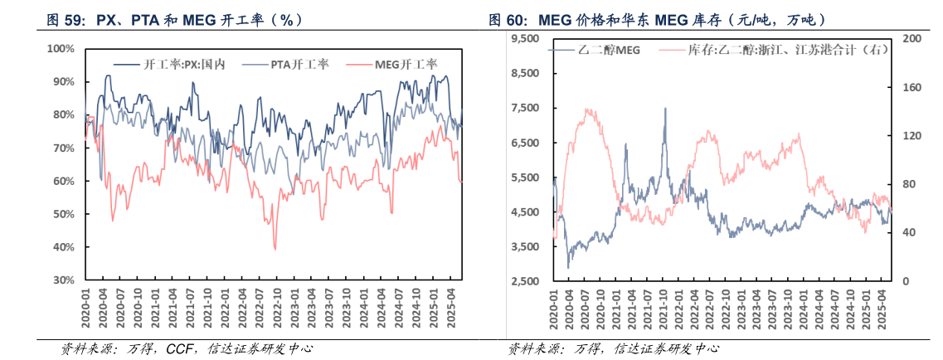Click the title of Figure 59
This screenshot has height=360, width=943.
[x=173, y=18]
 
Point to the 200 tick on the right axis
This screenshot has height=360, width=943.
[x=911, y=39]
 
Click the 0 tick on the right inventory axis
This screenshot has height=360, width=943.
[x=905, y=282]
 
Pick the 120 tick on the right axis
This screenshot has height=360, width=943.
[x=911, y=136]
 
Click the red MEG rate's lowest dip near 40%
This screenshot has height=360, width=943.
[x=275, y=247]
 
